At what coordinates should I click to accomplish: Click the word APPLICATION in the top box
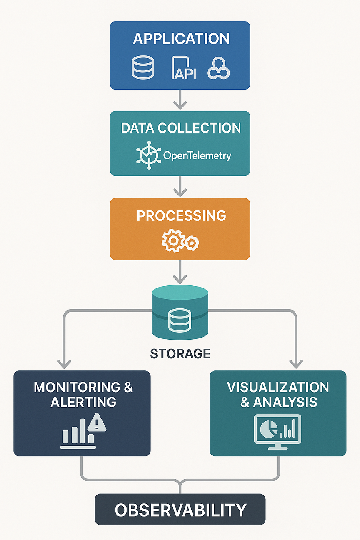tap(181, 39)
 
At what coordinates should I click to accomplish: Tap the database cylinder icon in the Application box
tap(143, 68)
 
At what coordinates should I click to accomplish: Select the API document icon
tap(184, 69)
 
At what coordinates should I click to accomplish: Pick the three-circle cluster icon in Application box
tap(219, 69)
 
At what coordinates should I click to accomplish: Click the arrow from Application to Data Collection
tap(180, 100)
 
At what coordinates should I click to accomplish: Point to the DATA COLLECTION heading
tap(180, 128)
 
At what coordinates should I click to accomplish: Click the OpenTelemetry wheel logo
tap(148, 155)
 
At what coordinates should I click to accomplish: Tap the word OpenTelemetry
tap(197, 156)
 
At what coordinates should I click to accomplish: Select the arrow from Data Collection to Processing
tap(180, 187)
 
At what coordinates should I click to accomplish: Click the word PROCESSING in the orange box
tap(181, 215)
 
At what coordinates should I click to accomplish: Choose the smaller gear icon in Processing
tap(192, 242)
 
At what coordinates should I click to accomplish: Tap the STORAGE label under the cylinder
tap(180, 354)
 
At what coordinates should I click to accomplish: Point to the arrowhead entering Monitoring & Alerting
tap(64, 362)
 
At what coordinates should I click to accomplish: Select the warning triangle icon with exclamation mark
tap(97, 423)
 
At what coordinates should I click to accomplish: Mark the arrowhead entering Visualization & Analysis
tap(296, 362)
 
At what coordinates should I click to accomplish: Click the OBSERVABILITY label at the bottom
tap(180, 510)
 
